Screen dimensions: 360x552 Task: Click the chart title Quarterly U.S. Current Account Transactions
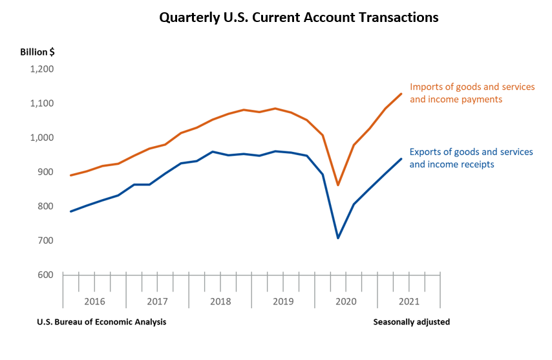click(299, 17)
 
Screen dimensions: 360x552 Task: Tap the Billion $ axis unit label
click(37, 52)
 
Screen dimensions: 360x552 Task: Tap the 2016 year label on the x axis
click(94, 302)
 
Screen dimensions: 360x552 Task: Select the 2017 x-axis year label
click(157, 302)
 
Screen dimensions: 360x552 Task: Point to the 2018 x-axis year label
click(220, 302)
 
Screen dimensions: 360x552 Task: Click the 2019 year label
click(282, 302)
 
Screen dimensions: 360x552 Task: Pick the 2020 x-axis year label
click(346, 302)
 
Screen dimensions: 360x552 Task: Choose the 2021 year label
click(409, 302)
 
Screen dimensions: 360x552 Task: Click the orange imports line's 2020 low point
click(338, 185)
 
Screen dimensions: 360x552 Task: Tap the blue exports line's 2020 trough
click(338, 238)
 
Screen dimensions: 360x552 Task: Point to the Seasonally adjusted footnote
click(411, 322)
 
